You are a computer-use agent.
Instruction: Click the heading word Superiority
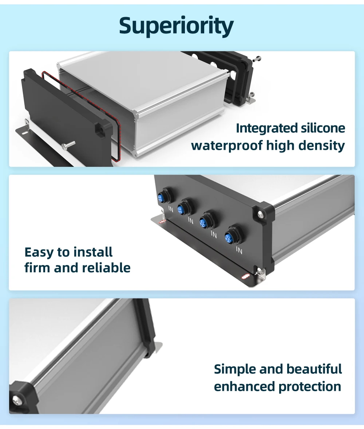tap(176, 26)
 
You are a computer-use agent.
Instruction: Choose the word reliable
tap(106, 268)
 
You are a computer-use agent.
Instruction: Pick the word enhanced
tap(244, 386)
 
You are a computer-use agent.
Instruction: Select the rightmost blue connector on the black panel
tap(230, 236)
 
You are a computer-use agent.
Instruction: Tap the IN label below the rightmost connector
tap(239, 250)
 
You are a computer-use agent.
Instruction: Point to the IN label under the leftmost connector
tap(171, 209)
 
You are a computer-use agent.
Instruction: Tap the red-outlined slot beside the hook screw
tap(244, 277)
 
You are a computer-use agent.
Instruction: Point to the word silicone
tap(323, 128)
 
